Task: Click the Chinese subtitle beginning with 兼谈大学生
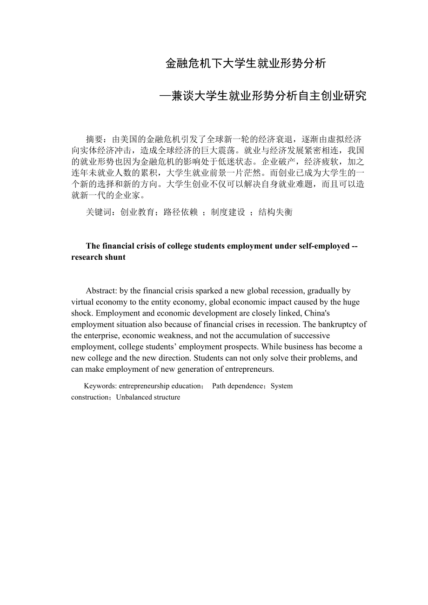263,96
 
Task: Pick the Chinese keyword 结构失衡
275,212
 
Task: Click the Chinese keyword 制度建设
228,212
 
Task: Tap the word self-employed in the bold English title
325,246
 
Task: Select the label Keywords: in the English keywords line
100,386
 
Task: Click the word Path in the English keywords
219,386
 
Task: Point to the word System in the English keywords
281,386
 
